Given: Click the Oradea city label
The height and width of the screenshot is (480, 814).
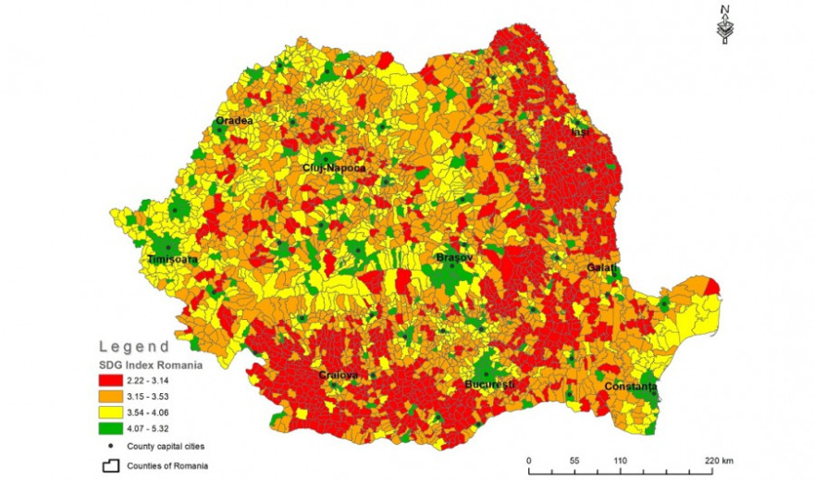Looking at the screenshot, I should pos(234,120).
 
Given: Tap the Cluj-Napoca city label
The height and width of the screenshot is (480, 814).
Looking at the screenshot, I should pos(334,168).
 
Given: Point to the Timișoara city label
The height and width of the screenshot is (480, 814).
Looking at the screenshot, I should pos(173,261).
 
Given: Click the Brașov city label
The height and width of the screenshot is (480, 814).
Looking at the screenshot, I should pos(455,257).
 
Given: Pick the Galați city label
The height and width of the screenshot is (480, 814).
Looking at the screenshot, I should pos(601,267).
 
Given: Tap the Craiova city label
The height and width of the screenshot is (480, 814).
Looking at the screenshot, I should pos(338,375).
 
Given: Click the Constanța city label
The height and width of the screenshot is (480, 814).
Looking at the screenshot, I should pos(631,386).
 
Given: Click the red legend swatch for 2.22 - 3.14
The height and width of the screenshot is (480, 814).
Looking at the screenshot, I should pos(119,380).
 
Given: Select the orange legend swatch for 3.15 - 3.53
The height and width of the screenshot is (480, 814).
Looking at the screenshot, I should pos(119,397).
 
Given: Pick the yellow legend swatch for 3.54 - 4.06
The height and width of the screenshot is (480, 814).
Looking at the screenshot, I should pos(119,413).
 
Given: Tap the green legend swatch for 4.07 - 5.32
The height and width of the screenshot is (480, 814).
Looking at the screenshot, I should pos(119,430).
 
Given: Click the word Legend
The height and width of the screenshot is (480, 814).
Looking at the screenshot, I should pos(134,347).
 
